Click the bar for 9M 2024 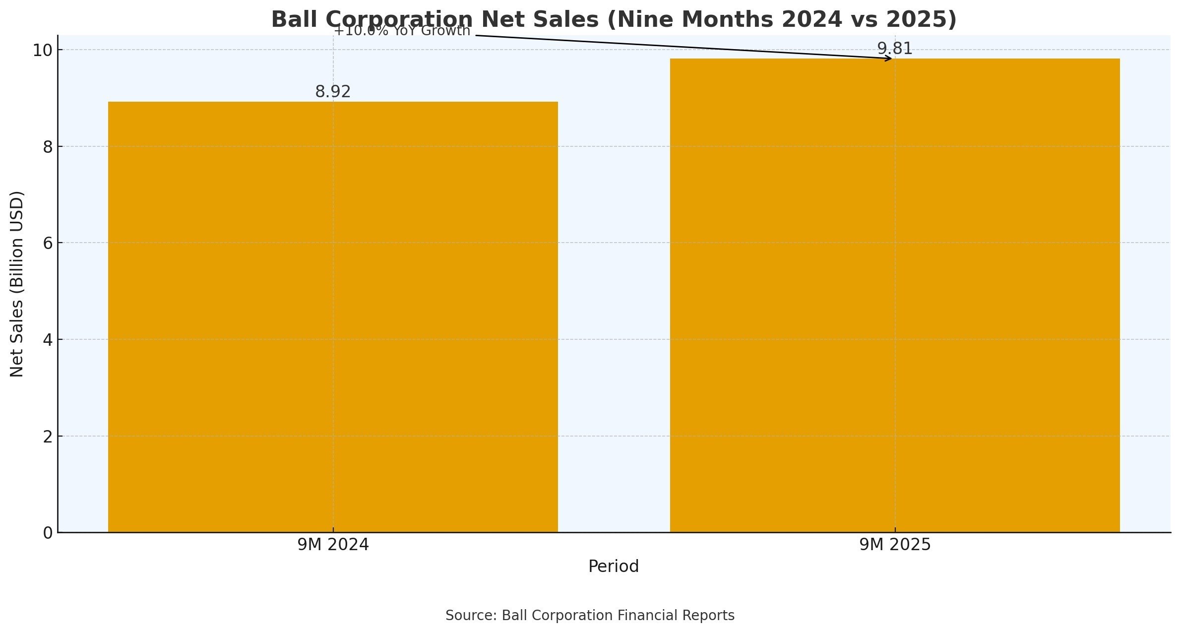click(333, 317)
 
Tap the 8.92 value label click(333, 92)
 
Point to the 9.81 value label click(895, 49)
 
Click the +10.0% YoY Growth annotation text click(402, 31)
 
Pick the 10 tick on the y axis click(42, 50)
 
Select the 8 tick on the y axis click(48, 147)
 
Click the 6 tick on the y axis click(48, 243)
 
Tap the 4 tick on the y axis click(48, 340)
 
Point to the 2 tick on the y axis click(48, 437)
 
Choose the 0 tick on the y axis click(48, 533)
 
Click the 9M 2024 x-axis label click(333, 545)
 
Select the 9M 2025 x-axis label click(895, 545)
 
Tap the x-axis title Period click(614, 567)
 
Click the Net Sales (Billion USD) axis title click(17, 284)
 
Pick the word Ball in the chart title click(295, 20)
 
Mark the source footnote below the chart click(590, 616)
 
